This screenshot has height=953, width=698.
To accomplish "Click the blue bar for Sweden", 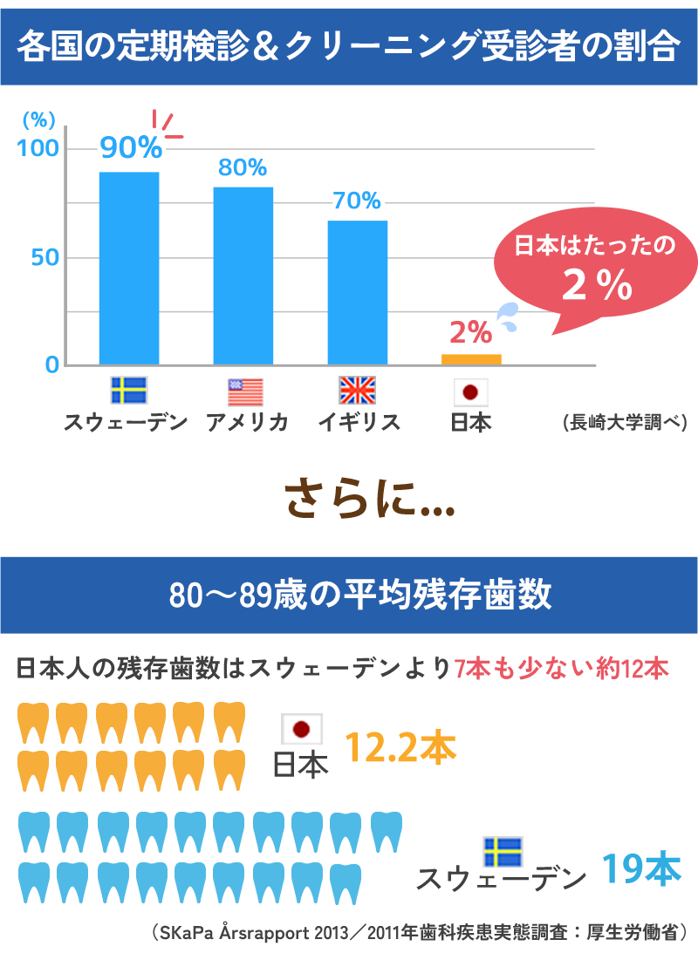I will (x=129, y=268).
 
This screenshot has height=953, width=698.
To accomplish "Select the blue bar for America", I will (x=243, y=275).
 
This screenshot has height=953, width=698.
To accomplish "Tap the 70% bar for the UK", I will (x=358, y=292).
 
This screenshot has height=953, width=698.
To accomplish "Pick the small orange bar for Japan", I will (x=471, y=358).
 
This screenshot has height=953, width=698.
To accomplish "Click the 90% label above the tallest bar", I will (x=131, y=147).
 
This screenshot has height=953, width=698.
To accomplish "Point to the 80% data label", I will (x=243, y=167).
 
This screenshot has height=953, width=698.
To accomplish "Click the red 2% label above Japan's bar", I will (x=471, y=331).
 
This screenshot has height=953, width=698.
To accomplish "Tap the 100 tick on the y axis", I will (x=38, y=148).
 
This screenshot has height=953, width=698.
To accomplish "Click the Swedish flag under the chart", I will (x=129, y=391).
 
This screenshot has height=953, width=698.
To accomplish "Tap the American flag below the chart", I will (x=245, y=391).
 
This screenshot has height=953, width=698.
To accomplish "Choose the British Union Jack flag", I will (x=357, y=391).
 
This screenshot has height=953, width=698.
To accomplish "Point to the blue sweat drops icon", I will (x=506, y=317).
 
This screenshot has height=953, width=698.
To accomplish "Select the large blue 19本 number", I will (x=641, y=869).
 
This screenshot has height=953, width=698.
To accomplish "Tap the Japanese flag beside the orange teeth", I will (x=302, y=729).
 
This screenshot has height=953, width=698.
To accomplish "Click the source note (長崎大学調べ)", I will (x=625, y=423).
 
